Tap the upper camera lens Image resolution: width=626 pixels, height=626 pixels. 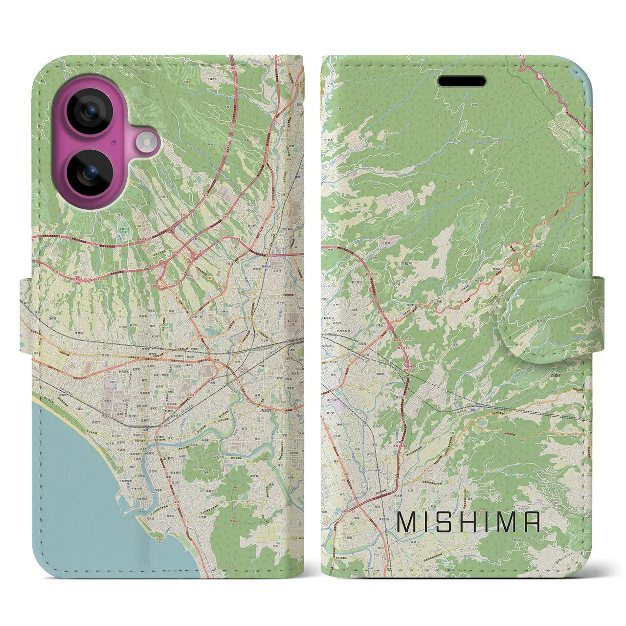89,111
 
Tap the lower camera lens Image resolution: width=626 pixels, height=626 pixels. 89,173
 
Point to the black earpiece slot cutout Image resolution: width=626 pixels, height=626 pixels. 461,81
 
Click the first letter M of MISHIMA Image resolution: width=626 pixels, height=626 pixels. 407,522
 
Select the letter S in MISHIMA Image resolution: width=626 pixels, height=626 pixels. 449,522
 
